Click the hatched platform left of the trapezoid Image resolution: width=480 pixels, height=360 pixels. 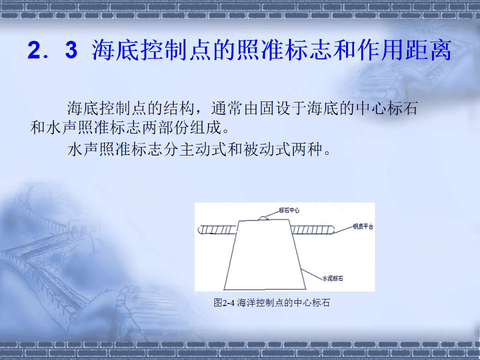218,230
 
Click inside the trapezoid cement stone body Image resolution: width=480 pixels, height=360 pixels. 265,255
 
